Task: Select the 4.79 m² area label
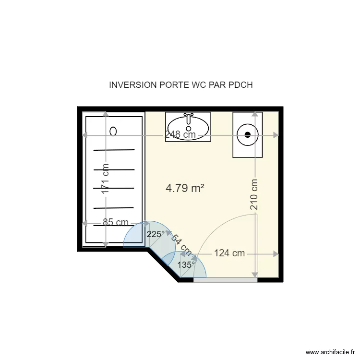pyautogui.click(x=185, y=188)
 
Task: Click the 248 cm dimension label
pyautogui.click(x=180, y=134)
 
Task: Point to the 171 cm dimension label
pyautogui.click(x=106, y=179)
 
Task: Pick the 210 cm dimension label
pyautogui.click(x=254, y=194)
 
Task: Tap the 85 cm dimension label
pyautogui.click(x=116, y=222)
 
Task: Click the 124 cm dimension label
pyautogui.click(x=229, y=253)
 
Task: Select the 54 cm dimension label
pyautogui.click(x=181, y=245)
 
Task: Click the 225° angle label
pyautogui.click(x=156, y=234)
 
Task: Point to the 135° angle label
pyautogui.click(x=186, y=265)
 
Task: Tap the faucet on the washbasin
pyautogui.click(x=189, y=118)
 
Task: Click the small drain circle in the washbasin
pyautogui.click(x=189, y=128)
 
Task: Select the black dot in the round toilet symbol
pyautogui.click(x=248, y=135)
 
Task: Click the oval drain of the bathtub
pyautogui.click(x=113, y=132)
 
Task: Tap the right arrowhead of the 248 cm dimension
pyautogui.click(x=276, y=135)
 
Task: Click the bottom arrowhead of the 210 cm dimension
pyautogui.click(x=254, y=275)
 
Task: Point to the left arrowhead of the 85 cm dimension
pyautogui.click(x=85, y=223)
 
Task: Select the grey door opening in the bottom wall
pyautogui.click(x=225, y=280)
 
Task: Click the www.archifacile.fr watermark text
pyautogui.click(x=330, y=352)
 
